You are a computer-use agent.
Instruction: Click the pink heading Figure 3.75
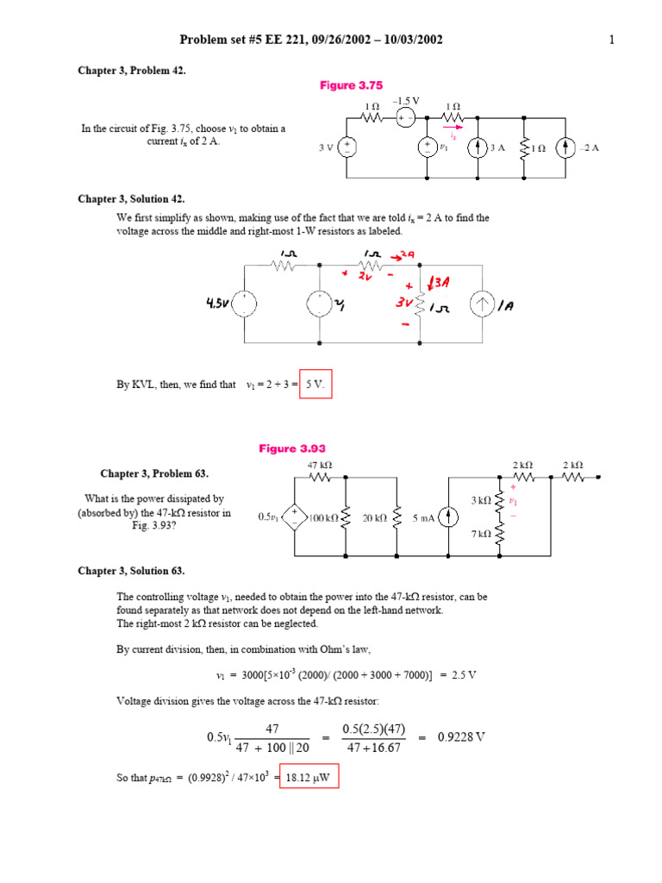pyautogui.click(x=351, y=85)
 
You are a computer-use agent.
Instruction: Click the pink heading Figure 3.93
pyautogui.click(x=292, y=448)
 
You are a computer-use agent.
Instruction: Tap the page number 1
pyautogui.click(x=611, y=40)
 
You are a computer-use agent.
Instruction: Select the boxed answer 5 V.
pyautogui.click(x=315, y=385)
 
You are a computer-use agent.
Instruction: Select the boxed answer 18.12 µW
pyautogui.click(x=309, y=778)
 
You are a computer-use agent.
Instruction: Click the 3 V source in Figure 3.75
pyautogui.click(x=348, y=147)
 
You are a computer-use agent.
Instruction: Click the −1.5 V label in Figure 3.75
pyautogui.click(x=405, y=102)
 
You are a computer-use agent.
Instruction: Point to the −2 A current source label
pyautogui.click(x=590, y=147)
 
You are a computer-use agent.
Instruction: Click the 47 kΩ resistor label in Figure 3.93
pyautogui.click(x=320, y=465)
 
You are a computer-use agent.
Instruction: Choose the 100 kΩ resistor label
pyautogui.click(x=324, y=517)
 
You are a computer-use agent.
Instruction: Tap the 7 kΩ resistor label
pyautogui.click(x=480, y=534)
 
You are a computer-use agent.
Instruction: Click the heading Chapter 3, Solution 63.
pyautogui.click(x=131, y=571)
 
